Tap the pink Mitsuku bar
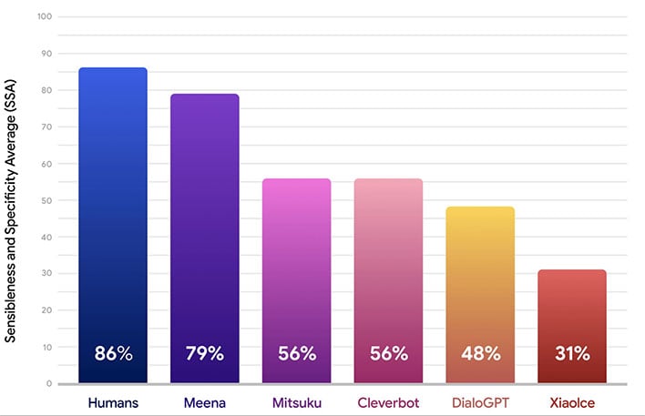click(297, 273)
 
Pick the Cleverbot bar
click(388, 273)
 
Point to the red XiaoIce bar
click(572, 319)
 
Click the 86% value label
click(113, 353)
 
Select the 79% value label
click(205, 353)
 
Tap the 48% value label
click(480, 353)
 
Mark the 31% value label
click(572, 353)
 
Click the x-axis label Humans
click(113, 401)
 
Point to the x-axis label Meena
click(205, 401)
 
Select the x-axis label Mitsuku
click(297, 401)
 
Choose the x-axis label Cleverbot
click(388, 401)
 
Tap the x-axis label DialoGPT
click(480, 401)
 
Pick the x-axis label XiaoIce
click(572, 401)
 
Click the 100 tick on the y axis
click(45, 17)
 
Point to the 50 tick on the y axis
click(46, 200)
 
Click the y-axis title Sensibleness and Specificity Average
click(12, 207)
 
